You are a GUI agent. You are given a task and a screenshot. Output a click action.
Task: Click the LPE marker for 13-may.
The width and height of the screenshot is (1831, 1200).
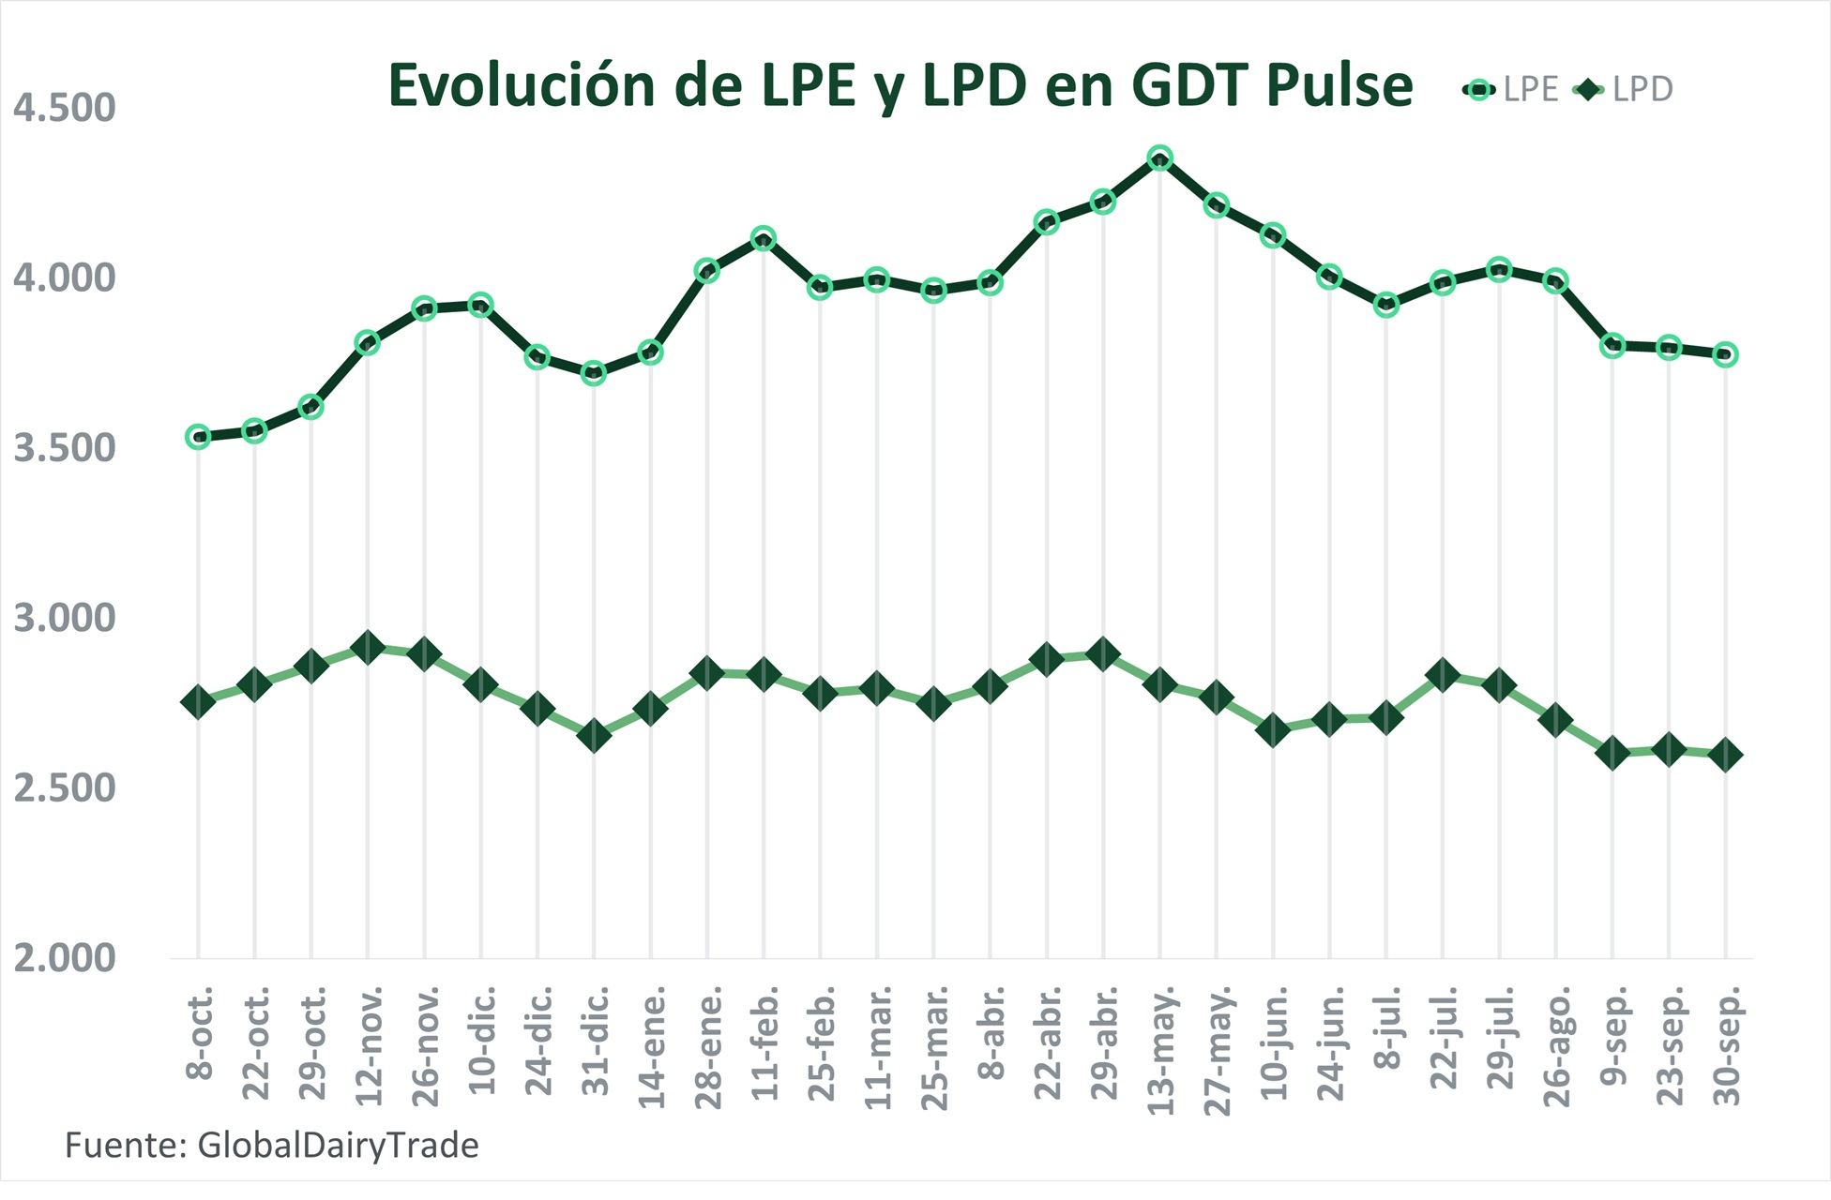(1159, 157)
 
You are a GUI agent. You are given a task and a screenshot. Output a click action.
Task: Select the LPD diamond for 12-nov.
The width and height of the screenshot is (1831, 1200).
(368, 647)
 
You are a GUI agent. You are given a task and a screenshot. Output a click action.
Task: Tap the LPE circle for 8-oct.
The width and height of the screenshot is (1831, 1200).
(198, 436)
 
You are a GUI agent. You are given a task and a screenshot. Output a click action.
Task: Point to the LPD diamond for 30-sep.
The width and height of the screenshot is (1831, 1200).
(1725, 755)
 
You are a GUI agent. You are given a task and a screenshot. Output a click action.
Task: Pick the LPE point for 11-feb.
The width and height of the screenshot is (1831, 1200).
(764, 237)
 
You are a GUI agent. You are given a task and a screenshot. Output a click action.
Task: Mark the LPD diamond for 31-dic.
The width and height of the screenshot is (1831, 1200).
(594, 736)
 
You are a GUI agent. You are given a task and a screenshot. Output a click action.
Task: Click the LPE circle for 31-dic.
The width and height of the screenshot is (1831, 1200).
(594, 373)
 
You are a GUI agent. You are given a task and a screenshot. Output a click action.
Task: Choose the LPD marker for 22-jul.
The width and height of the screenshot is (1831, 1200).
(1443, 675)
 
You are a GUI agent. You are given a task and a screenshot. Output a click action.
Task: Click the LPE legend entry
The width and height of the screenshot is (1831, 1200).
(1512, 90)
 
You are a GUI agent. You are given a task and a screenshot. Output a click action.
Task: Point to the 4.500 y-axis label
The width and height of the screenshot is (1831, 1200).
(64, 108)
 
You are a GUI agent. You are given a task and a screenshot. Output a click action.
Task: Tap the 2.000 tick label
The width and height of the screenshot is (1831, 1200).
(64, 958)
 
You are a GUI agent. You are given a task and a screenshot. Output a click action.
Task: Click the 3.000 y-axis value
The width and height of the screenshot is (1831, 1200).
(64, 618)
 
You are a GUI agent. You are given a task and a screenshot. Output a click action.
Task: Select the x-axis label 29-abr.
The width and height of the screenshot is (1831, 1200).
(1105, 1042)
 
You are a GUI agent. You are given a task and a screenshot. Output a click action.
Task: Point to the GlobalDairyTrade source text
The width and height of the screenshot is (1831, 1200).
(338, 1146)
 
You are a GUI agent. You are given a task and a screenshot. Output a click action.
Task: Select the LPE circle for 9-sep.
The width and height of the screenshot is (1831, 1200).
(1612, 344)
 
